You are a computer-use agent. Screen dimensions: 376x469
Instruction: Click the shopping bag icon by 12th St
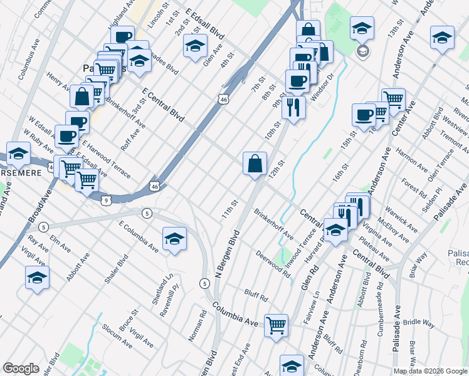point(255,165)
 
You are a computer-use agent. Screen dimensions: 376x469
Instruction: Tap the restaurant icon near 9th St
point(293,107)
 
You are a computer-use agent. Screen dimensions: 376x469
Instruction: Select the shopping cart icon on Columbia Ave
point(276,326)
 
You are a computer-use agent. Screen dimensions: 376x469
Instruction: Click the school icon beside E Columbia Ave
point(174,239)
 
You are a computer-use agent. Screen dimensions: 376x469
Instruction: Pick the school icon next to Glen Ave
point(196,46)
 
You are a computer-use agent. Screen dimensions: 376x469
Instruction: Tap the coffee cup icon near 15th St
point(364,115)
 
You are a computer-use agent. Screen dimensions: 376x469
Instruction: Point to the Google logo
point(21,368)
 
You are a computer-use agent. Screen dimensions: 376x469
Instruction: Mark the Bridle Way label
point(419,323)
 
